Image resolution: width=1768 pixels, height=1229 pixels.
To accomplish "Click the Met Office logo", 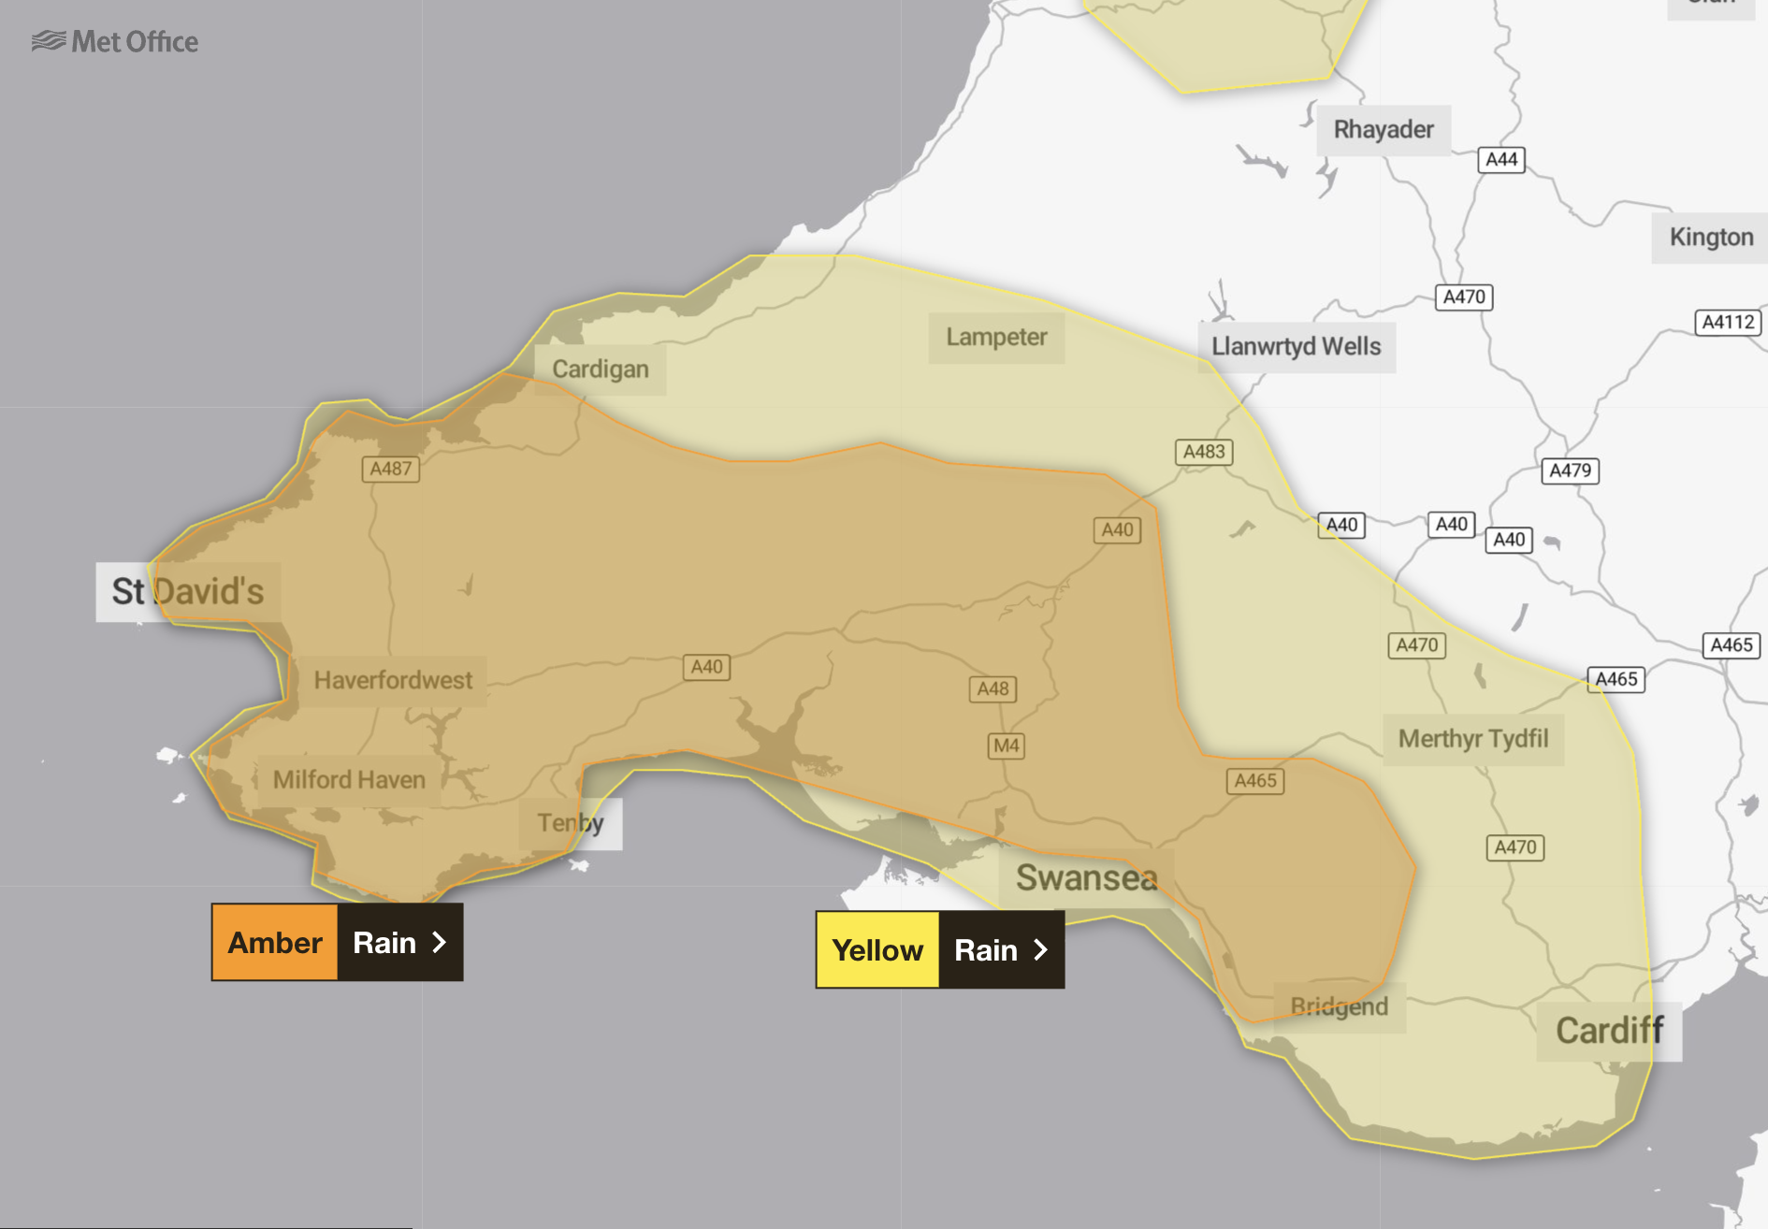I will (115, 42).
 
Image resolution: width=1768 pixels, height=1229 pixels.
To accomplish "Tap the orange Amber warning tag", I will (275, 942).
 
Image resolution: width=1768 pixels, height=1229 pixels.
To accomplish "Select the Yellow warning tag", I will (877, 950).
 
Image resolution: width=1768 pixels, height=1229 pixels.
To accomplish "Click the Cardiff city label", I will (1609, 1031).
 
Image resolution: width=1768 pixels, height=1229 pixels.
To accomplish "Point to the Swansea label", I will (1086, 878).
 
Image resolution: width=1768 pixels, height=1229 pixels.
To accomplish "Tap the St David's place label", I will (188, 591).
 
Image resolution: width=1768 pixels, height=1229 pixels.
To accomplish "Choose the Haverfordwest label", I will (393, 680).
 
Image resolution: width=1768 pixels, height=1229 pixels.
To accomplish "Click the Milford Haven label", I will (349, 780).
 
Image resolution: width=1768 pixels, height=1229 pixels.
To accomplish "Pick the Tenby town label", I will (571, 823).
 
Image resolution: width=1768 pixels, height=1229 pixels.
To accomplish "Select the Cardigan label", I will (600, 369).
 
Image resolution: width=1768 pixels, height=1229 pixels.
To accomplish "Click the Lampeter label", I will (996, 338).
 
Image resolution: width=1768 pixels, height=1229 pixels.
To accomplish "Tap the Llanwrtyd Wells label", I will (1296, 347).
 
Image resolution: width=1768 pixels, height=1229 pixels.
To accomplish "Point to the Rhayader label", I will (1384, 130).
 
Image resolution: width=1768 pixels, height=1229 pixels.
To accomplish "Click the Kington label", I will (1711, 238).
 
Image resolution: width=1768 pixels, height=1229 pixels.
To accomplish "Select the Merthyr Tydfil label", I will (1473, 739).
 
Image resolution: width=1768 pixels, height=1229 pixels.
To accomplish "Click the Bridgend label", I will (1339, 1006).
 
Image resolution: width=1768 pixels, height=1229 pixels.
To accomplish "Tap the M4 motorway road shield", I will (1007, 745).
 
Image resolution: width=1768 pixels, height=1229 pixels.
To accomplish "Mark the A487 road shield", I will (391, 469).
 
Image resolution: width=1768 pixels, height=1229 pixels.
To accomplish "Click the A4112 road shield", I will (1728, 323).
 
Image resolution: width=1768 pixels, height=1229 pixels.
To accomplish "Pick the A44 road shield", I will (1501, 160).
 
